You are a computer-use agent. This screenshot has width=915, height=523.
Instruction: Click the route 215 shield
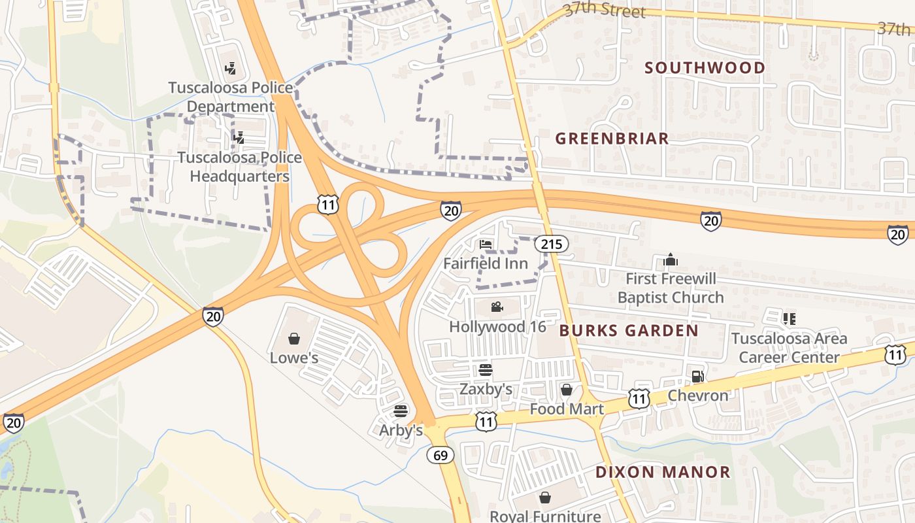(x=551, y=245)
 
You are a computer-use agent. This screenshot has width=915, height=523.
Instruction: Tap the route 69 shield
(x=441, y=455)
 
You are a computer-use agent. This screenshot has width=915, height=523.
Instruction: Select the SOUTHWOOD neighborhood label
(x=705, y=68)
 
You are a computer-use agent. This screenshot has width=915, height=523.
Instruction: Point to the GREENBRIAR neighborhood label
(x=612, y=139)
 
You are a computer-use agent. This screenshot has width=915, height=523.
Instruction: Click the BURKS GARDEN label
(x=629, y=331)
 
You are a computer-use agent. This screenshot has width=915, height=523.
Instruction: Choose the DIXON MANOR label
(x=663, y=472)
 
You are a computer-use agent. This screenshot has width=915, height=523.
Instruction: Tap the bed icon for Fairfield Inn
(x=486, y=245)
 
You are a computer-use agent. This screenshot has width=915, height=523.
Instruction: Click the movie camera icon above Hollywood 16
(x=497, y=307)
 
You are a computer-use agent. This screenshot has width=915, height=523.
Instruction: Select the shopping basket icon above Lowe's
(x=294, y=339)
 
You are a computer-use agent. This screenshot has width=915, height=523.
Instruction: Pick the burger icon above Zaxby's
(x=485, y=370)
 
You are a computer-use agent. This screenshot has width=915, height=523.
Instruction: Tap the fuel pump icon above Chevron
(x=697, y=376)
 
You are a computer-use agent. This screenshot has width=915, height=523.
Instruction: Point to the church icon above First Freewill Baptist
(x=671, y=260)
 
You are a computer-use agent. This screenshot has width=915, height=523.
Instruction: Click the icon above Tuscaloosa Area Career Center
(x=789, y=319)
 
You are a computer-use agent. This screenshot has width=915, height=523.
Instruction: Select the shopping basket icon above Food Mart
(x=566, y=390)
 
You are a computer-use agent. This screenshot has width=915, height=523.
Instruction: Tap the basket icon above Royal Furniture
(x=544, y=498)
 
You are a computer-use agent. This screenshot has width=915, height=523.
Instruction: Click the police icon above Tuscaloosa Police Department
(x=230, y=67)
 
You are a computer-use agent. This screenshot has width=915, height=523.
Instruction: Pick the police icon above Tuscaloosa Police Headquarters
(x=240, y=137)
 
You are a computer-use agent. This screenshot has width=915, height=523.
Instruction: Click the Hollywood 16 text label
(x=497, y=327)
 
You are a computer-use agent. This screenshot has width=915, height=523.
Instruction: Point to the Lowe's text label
(x=294, y=358)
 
